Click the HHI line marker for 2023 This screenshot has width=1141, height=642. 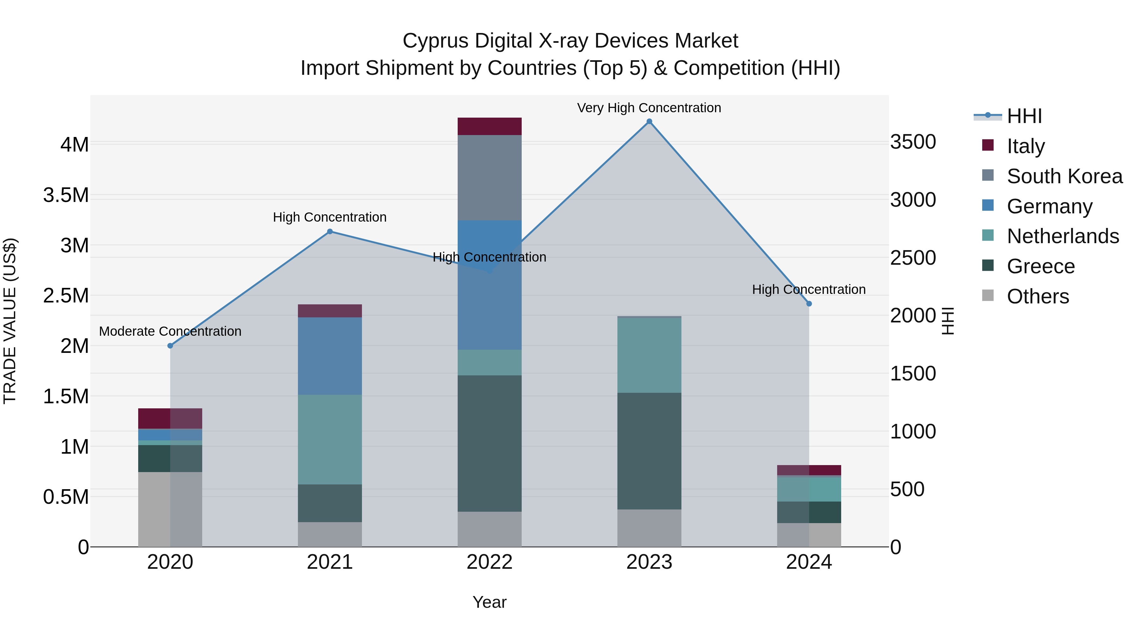pos(649,121)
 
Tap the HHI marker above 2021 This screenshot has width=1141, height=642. pos(330,231)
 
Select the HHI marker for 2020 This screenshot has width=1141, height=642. pos(170,346)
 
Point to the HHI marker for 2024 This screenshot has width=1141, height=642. pos(809,304)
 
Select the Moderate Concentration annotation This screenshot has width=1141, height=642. pos(170,331)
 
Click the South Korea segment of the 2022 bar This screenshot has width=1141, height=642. pos(489,177)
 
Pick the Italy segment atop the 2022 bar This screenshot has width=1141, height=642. pos(489,126)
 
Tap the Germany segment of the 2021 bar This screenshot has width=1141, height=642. pos(330,356)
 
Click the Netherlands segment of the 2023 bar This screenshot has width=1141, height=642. pos(649,355)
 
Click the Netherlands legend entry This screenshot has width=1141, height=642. pos(1063,236)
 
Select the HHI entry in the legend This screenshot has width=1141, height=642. pos(1024,116)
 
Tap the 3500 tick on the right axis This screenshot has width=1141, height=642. pos(913,142)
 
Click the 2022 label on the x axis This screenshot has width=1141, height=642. pos(489,562)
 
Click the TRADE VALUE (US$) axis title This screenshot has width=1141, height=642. pos(10,321)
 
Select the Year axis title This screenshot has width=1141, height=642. pos(489,602)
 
